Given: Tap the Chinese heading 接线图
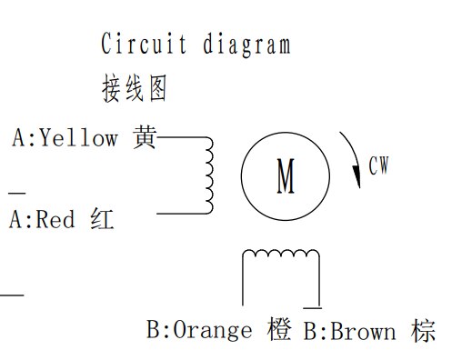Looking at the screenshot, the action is tap(134, 88).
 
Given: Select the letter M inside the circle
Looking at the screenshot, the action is tap(286, 177).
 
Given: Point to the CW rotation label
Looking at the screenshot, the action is tap(378, 166).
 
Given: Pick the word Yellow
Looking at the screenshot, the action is tap(79, 138).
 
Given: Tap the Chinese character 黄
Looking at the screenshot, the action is tap(144, 137).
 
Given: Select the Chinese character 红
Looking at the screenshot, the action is tap(103, 220).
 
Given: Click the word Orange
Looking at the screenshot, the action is tap(212, 329).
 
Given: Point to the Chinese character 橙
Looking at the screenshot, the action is tap(280, 329).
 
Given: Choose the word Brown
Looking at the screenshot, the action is tap(363, 331).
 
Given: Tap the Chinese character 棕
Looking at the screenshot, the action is tap(423, 331).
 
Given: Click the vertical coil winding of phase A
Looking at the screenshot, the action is tap(210, 175).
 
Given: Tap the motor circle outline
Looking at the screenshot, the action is tap(243, 177).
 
